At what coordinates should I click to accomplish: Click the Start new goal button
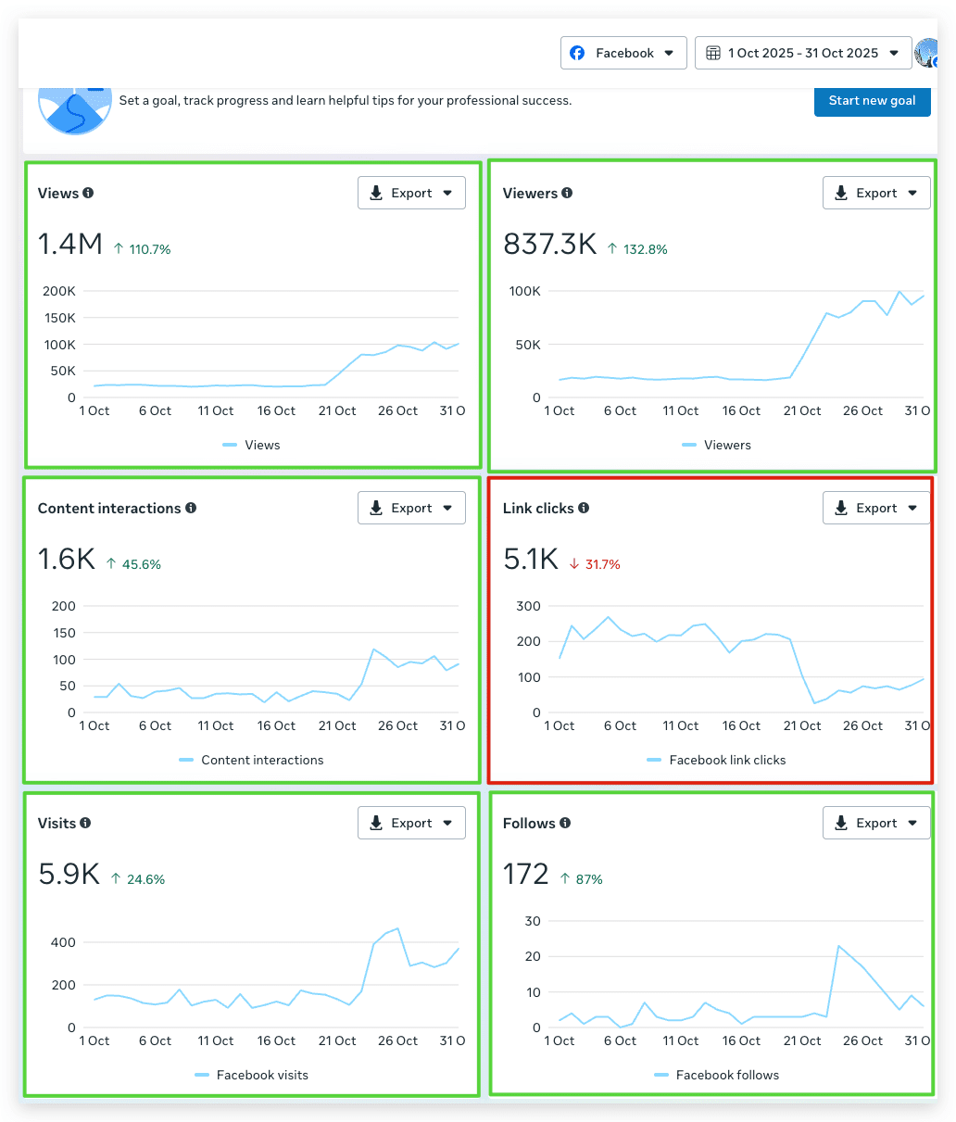click(872, 101)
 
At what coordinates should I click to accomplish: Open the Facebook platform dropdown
click(623, 53)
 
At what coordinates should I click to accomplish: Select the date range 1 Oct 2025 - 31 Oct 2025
click(802, 53)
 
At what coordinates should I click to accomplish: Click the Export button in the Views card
click(411, 193)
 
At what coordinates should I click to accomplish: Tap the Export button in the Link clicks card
click(875, 508)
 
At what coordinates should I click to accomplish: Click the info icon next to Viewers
click(567, 193)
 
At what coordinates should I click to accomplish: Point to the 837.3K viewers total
click(549, 244)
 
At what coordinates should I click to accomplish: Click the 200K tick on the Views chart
click(59, 291)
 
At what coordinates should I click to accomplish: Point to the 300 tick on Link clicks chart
click(528, 606)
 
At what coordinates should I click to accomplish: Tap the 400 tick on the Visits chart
click(63, 942)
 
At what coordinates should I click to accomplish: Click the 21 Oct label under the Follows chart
click(802, 1040)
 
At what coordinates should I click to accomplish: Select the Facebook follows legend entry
click(717, 1075)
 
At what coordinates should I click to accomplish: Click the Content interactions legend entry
click(251, 760)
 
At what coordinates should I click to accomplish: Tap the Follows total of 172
click(525, 874)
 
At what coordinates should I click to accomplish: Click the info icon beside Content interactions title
click(191, 508)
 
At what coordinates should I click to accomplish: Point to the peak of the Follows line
click(838, 946)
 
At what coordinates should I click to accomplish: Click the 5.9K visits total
click(69, 874)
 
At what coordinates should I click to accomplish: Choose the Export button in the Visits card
click(411, 823)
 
